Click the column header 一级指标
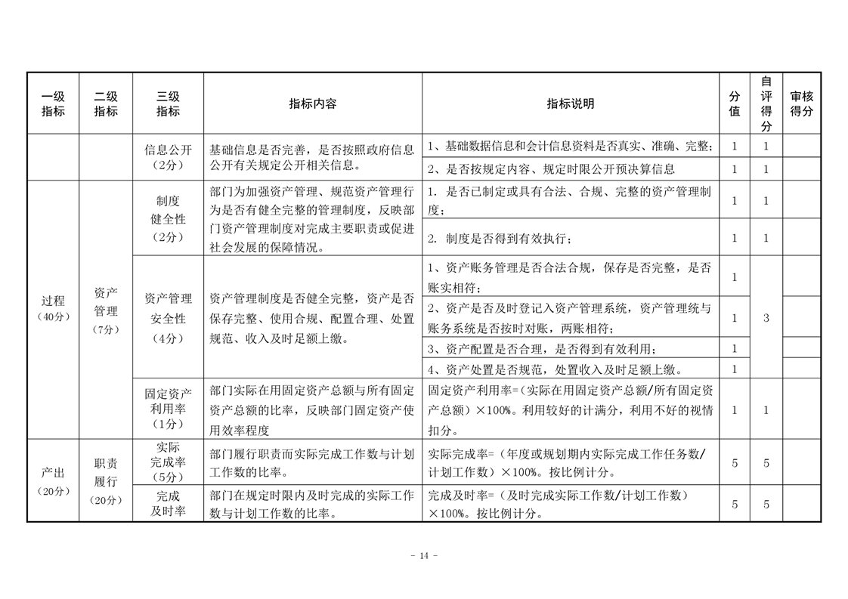click(x=53, y=103)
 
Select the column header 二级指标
click(x=106, y=103)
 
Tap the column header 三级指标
click(x=168, y=103)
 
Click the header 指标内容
click(x=312, y=103)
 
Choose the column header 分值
click(x=734, y=103)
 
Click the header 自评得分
click(x=766, y=103)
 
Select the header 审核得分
click(x=801, y=103)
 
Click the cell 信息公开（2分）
click(x=168, y=157)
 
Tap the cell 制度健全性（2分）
click(x=168, y=219)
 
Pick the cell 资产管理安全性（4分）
click(x=168, y=318)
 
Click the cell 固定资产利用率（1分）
click(x=168, y=409)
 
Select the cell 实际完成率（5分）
click(x=168, y=462)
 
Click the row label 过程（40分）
click(x=53, y=308)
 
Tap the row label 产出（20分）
click(x=53, y=480)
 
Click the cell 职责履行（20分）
click(x=106, y=481)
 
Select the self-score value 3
click(x=766, y=318)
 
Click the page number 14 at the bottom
click(x=423, y=555)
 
